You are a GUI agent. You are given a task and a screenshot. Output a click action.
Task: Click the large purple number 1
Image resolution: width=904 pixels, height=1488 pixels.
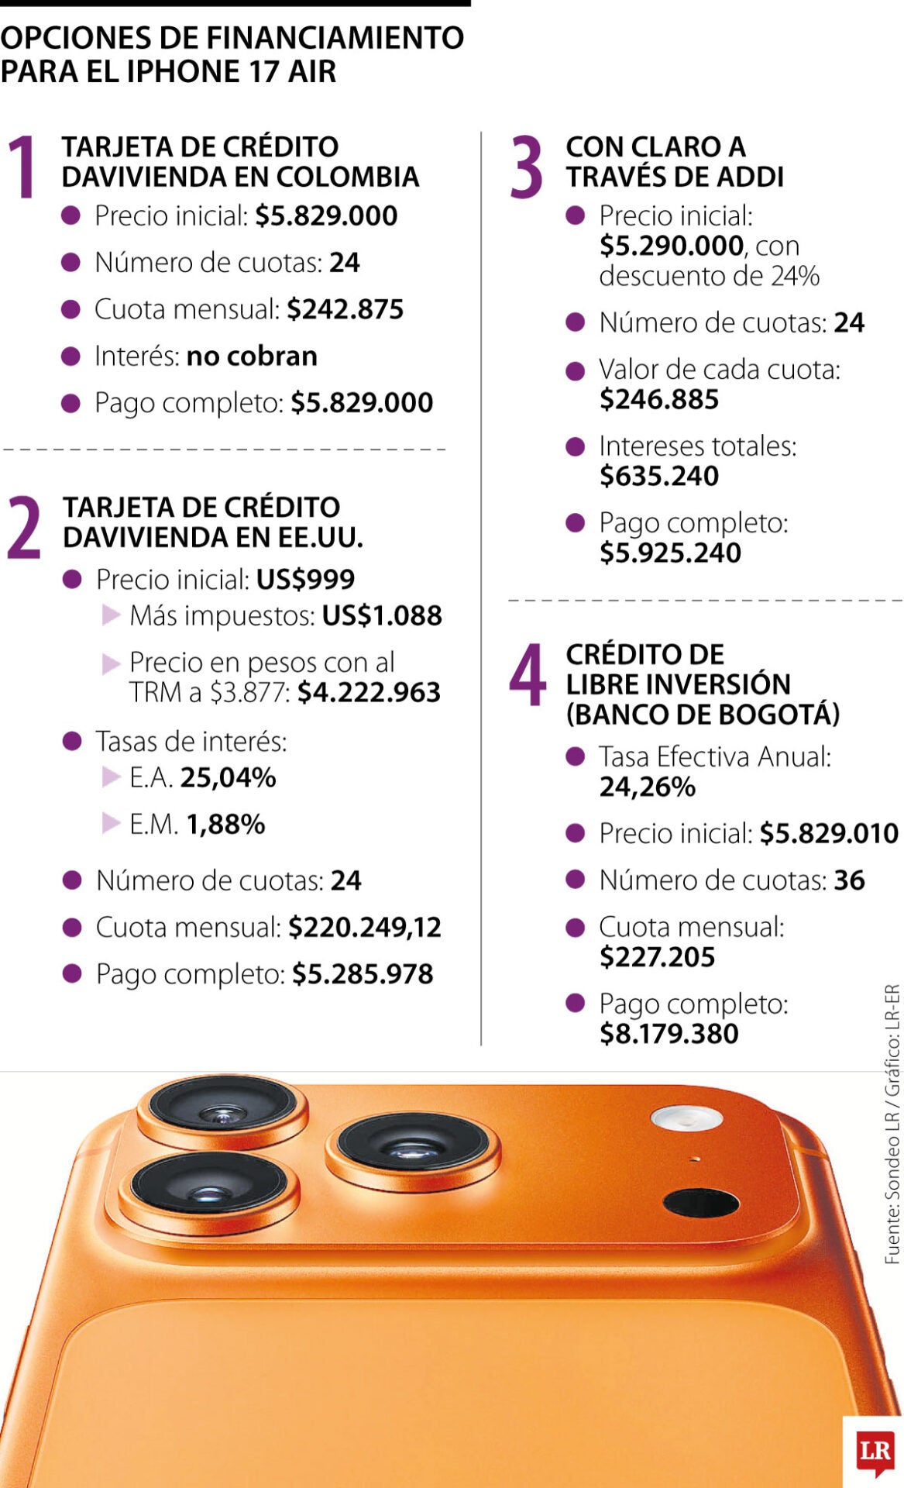click(23, 166)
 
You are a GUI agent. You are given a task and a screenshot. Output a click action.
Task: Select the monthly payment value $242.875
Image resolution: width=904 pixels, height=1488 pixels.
click(345, 309)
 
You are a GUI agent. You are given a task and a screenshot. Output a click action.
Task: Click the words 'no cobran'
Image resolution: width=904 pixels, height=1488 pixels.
click(252, 356)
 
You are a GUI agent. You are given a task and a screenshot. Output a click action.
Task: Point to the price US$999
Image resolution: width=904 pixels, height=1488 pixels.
click(305, 579)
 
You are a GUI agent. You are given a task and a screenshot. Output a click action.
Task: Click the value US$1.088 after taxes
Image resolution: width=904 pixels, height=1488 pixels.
click(382, 615)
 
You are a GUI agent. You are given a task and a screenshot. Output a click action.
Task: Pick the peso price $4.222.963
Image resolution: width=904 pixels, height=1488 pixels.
click(369, 692)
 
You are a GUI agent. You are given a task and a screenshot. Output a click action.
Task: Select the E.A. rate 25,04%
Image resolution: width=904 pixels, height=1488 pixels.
click(228, 777)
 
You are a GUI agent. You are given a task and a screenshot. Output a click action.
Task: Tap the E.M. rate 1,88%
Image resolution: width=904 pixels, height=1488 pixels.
click(225, 824)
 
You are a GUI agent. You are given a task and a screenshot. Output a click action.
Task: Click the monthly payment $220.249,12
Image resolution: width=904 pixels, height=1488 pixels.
click(365, 927)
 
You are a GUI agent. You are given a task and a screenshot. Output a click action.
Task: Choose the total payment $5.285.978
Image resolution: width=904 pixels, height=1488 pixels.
click(363, 973)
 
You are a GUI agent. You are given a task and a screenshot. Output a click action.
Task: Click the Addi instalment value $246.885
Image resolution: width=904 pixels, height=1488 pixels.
click(659, 399)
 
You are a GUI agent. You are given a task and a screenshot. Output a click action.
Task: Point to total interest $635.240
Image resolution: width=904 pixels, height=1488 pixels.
click(659, 476)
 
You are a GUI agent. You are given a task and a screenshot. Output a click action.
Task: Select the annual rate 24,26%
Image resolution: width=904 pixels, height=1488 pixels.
click(648, 787)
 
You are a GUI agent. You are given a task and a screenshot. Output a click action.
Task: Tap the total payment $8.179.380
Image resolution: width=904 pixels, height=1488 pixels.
click(669, 1033)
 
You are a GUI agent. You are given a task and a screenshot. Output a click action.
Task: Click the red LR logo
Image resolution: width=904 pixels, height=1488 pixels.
click(875, 1450)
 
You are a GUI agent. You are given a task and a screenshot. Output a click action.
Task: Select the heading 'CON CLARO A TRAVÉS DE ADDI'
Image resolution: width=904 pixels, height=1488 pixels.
click(674, 161)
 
